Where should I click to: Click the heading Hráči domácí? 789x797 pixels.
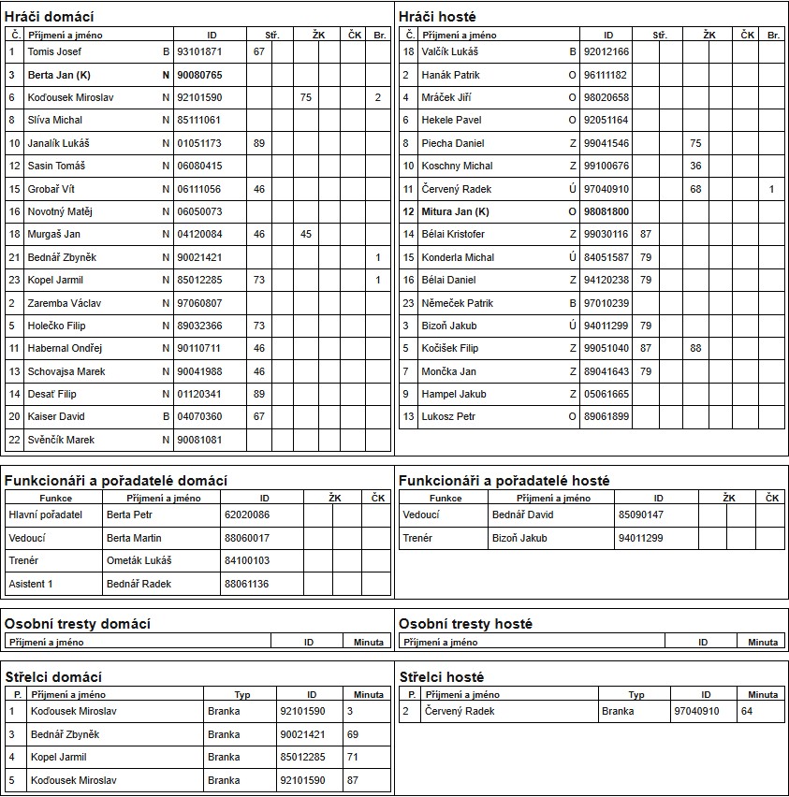(x=50, y=17)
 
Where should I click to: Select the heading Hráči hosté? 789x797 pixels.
(x=437, y=17)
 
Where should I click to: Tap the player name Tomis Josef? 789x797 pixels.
(x=54, y=51)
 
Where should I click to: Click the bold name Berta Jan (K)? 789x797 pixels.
(x=58, y=75)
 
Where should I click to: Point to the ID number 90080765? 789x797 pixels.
(x=199, y=75)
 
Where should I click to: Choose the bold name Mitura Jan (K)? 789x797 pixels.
(x=455, y=211)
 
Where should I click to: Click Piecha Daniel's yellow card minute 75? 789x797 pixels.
(x=695, y=143)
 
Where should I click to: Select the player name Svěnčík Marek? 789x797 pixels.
(x=61, y=440)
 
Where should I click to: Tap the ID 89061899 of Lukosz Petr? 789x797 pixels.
(x=606, y=416)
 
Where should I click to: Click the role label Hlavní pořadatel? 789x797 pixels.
(x=46, y=514)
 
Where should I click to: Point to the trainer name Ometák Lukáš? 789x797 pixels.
(x=139, y=560)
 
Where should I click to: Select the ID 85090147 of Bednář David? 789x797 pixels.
(x=641, y=514)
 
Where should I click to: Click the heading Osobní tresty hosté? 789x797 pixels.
(x=465, y=624)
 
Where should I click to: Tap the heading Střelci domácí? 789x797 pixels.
(x=53, y=677)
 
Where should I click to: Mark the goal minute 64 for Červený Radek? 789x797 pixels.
(x=746, y=711)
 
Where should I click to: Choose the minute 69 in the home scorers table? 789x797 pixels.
(x=353, y=734)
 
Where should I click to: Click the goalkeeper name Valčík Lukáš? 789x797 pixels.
(x=449, y=51)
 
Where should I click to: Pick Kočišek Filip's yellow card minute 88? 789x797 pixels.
(x=695, y=348)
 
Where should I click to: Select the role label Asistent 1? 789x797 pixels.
(x=31, y=584)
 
